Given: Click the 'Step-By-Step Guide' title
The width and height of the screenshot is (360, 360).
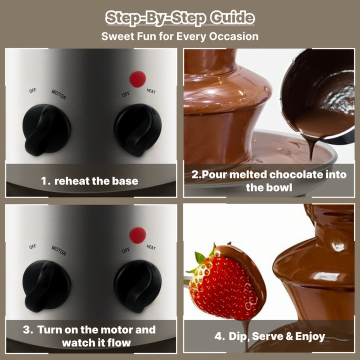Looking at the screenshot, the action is point(180,18).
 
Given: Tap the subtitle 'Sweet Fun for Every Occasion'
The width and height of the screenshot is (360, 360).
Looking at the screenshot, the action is point(180,36).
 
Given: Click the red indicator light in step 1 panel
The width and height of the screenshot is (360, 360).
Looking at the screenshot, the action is point(137,79).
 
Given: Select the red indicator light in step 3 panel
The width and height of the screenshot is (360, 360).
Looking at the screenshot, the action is point(137,235).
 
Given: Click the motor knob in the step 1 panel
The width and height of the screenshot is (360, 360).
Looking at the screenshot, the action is point(46,129).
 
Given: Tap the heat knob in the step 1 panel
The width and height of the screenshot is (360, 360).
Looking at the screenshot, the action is point(138,130).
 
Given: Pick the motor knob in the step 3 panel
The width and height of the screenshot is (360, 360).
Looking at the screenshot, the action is point(46,286).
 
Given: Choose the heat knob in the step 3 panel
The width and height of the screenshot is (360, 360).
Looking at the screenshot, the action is point(138,286).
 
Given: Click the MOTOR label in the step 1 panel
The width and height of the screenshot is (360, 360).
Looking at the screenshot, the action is point(59,94).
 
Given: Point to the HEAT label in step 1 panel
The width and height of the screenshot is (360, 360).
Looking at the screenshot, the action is point(151,91).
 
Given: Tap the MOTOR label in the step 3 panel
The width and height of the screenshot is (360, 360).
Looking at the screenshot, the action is point(59,250).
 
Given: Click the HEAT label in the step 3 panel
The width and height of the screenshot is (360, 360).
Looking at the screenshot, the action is point(151,247).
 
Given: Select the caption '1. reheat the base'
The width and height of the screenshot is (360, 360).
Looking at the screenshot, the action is point(89,181).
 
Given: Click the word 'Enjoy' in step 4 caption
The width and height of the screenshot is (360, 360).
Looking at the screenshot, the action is point(310,336).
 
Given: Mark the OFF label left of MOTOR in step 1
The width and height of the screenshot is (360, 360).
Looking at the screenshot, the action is point(32,90).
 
